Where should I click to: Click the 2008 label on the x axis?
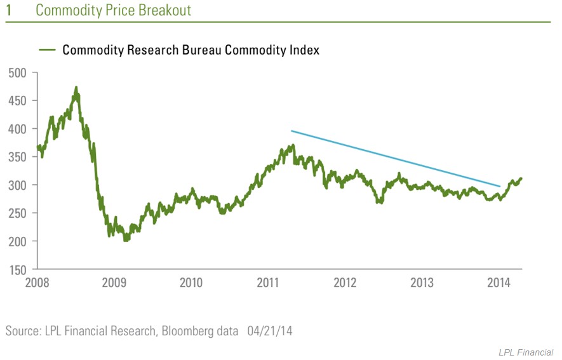(37, 283)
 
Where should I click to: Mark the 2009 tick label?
(114, 283)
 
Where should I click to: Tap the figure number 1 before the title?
(8, 11)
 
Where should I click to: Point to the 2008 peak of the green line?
(76, 88)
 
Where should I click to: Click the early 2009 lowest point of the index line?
(125, 241)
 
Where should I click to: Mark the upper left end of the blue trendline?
(291, 131)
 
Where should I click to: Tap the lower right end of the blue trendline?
(500, 187)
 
